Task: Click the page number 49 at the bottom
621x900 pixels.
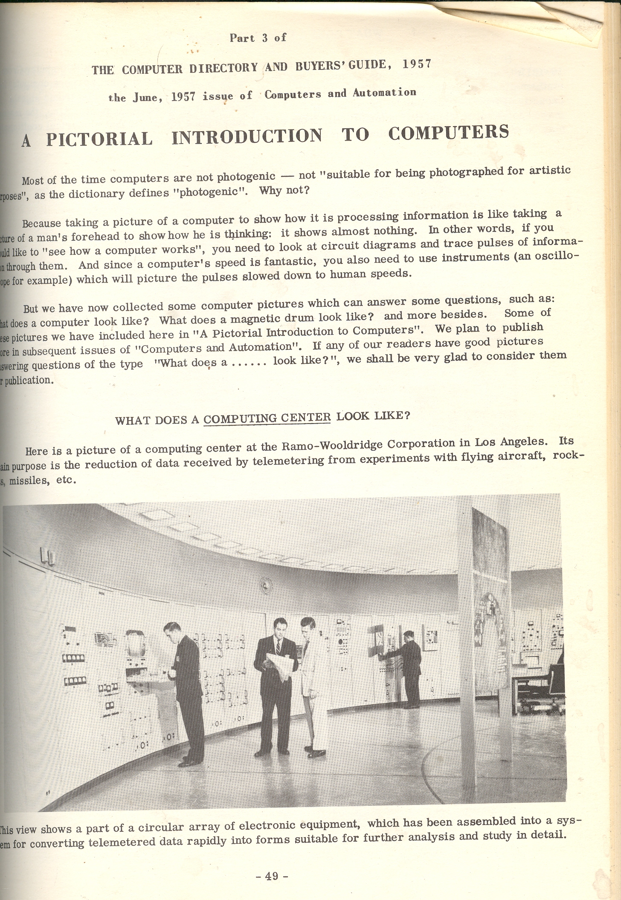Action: [271, 876]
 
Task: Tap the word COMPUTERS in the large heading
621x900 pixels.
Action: [448, 133]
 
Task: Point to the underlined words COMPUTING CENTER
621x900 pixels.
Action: [267, 418]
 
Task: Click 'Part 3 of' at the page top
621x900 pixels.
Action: [258, 38]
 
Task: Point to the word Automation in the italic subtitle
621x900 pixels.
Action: [384, 92]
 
